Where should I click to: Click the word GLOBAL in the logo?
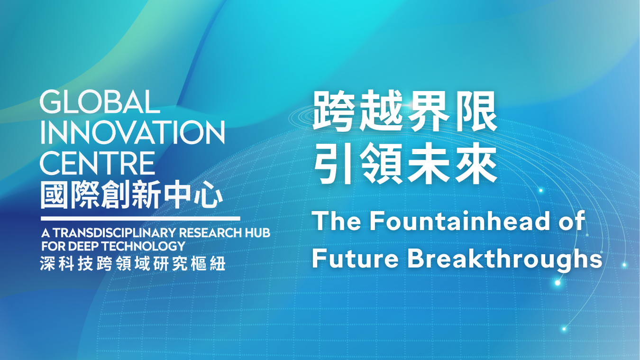point(100,102)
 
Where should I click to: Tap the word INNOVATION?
point(133,132)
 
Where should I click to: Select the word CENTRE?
point(98,163)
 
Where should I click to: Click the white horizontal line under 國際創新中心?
point(141,219)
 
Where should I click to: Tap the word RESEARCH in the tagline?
point(210,233)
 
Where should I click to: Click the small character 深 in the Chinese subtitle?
point(47,263)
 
